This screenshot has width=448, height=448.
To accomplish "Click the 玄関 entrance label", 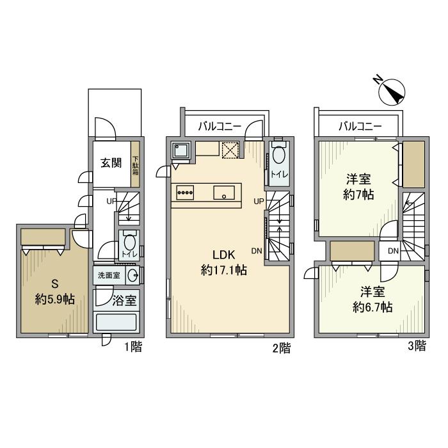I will click(x=111, y=163).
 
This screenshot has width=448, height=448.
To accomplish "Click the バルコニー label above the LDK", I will click(x=220, y=126).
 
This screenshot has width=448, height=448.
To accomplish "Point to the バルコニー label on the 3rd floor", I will click(x=359, y=126).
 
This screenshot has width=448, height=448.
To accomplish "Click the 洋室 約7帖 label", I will click(x=358, y=186).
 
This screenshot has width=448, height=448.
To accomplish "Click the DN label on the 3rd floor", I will click(x=393, y=250).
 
